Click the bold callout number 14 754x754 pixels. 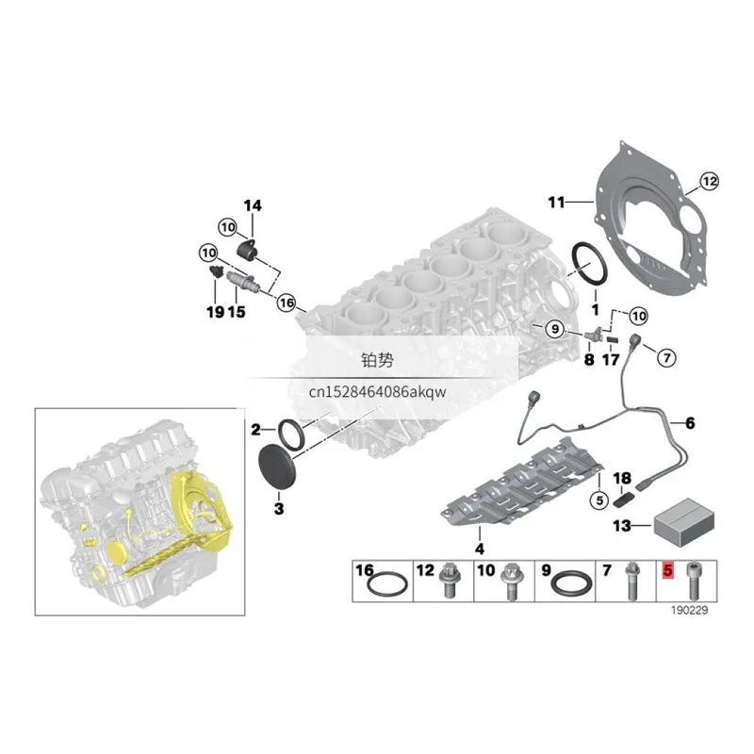(x=253, y=205)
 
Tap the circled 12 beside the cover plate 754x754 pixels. (x=710, y=181)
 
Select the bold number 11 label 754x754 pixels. (x=557, y=203)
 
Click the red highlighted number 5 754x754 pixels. (x=668, y=570)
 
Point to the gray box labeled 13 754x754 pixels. (x=684, y=522)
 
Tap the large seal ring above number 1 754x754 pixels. (x=589, y=266)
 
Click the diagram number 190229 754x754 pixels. (x=690, y=610)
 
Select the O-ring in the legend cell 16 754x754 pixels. (x=387, y=584)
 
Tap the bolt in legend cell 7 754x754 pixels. (x=631, y=582)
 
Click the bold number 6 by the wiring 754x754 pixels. (x=690, y=423)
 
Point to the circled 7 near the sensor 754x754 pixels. (x=666, y=358)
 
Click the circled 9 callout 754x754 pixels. (x=555, y=329)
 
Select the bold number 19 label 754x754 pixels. (x=216, y=312)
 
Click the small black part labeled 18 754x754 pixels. (x=623, y=500)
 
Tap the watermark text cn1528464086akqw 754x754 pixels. (x=378, y=392)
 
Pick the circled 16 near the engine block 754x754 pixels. (x=287, y=303)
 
